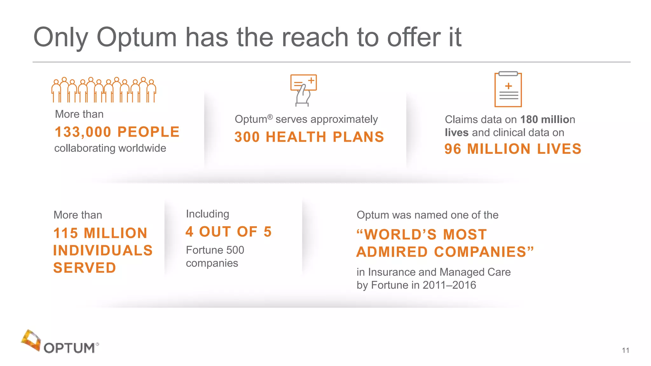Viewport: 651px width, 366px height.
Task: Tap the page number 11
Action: (x=625, y=350)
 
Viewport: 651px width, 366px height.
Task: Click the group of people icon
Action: (x=104, y=90)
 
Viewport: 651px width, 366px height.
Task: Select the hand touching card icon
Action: (x=303, y=90)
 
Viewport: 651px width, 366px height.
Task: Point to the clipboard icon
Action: (x=508, y=89)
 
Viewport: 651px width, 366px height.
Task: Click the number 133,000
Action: (x=83, y=132)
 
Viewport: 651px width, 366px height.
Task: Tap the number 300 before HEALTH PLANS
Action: (x=247, y=137)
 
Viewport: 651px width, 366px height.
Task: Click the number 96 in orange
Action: (x=453, y=149)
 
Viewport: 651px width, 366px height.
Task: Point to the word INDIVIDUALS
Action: (x=103, y=251)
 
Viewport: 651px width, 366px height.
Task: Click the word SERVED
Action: (x=85, y=268)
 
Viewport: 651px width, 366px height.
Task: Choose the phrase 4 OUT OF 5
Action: (x=229, y=232)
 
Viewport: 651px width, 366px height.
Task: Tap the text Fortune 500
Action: (x=215, y=250)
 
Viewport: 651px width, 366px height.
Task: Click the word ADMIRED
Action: (x=392, y=252)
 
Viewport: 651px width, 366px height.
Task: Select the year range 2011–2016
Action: (x=449, y=285)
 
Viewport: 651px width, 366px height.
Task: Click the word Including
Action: (x=207, y=214)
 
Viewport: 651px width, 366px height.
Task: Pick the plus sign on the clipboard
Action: (x=508, y=86)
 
